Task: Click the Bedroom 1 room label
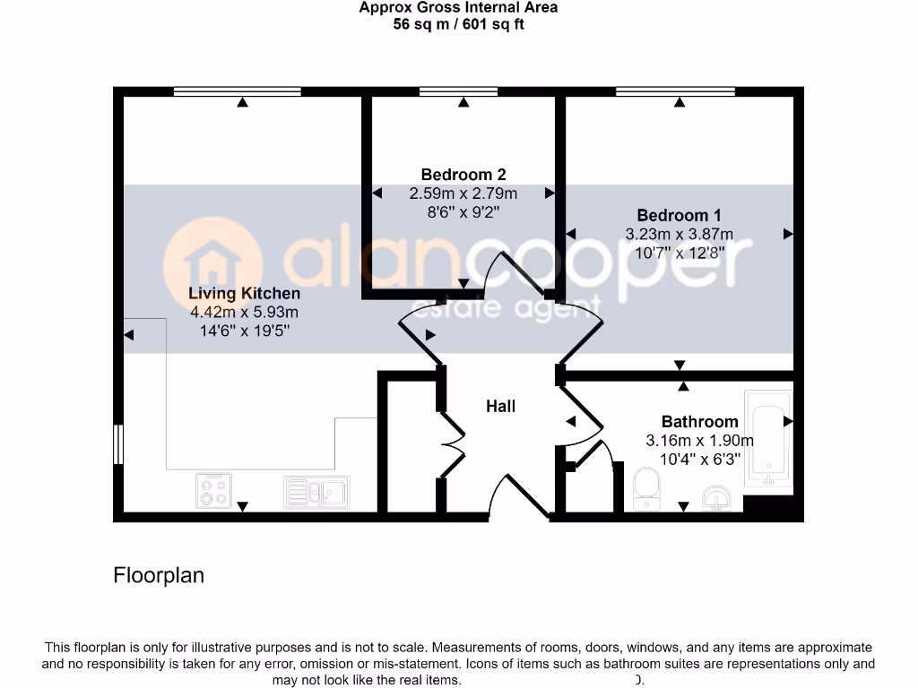679,215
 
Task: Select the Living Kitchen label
244,293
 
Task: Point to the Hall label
500,406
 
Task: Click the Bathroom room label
699,421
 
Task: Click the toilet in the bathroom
646,490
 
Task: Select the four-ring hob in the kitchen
213,490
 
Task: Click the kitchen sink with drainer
316,491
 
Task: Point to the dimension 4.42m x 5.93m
244,313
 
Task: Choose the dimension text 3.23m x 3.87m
679,235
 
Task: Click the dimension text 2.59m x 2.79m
463,193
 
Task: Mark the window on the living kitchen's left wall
117,444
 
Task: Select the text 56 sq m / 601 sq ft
458,24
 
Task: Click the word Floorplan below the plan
159,575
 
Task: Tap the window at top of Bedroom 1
675,91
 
